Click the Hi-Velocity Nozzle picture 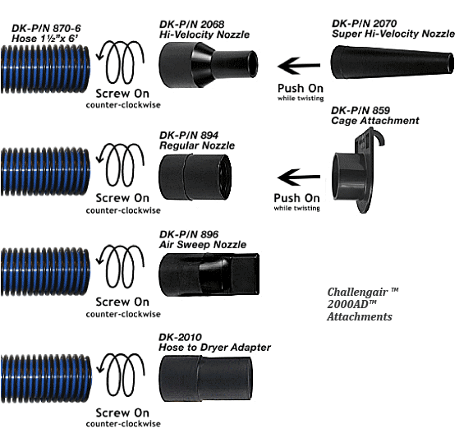click(x=208, y=65)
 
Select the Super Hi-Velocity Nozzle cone click(x=393, y=62)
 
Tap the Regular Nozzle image click(x=195, y=177)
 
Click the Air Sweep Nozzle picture click(x=209, y=274)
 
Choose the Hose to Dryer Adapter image click(x=205, y=378)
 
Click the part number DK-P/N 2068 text click(x=192, y=24)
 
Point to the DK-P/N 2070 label click(x=364, y=23)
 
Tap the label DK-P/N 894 click(x=189, y=135)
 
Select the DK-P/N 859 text click(x=360, y=110)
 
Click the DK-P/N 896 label click(x=189, y=234)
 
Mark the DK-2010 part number click(x=180, y=337)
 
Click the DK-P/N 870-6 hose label click(x=46, y=28)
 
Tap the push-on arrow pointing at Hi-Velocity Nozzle click(x=299, y=66)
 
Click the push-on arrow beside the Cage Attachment click(x=299, y=177)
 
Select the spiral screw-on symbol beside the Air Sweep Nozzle click(x=121, y=266)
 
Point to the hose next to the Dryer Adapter click(x=46, y=379)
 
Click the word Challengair click(x=357, y=293)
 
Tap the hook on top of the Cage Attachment click(x=378, y=136)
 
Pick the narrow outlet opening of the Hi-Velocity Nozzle click(x=253, y=64)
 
